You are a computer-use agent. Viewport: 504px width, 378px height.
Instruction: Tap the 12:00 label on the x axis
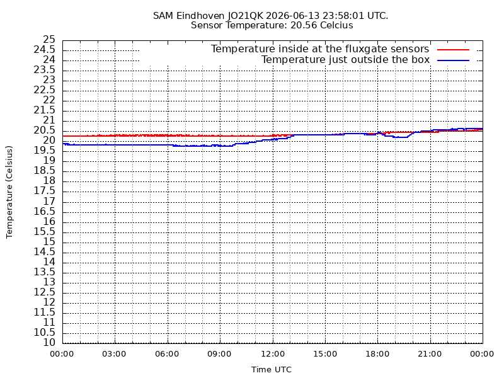[273, 354]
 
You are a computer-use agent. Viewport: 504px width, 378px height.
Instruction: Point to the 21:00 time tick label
[430, 354]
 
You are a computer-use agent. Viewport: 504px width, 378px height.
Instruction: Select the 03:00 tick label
[114, 354]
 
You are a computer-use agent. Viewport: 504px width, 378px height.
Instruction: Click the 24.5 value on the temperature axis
[44, 50]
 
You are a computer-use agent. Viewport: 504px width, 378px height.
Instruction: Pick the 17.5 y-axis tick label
[44, 192]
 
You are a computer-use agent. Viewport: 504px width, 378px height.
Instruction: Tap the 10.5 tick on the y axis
[44, 333]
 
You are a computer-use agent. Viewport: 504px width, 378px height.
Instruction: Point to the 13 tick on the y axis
[50, 282]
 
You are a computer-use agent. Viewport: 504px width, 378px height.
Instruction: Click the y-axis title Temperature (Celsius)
[9, 192]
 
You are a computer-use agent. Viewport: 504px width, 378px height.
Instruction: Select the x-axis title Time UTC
[272, 370]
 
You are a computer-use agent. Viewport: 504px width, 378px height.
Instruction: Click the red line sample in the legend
[453, 50]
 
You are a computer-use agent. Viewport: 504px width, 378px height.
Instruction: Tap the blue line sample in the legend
[453, 60]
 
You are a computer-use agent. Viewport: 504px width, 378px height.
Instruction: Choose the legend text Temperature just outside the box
[345, 60]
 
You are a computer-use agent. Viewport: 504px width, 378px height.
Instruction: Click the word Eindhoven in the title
[200, 16]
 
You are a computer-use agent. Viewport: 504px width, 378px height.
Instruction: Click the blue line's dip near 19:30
[401, 137]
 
